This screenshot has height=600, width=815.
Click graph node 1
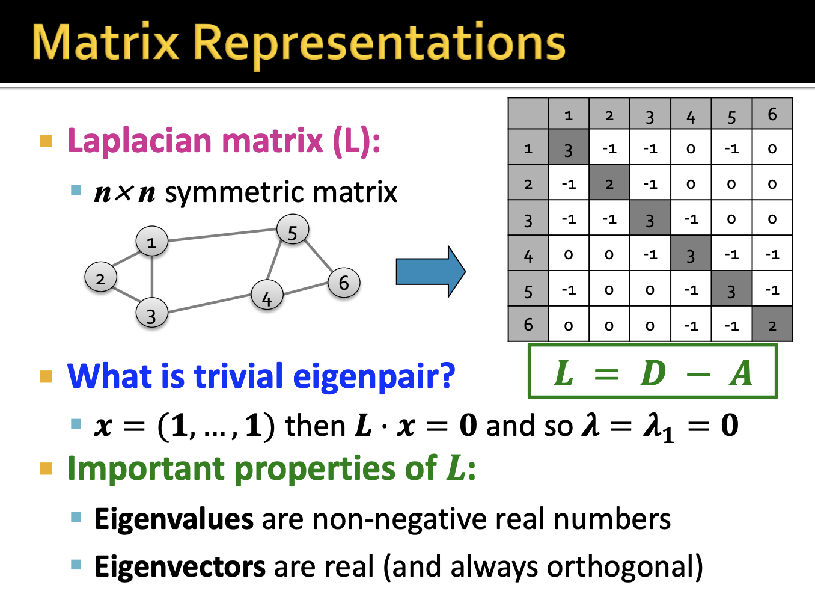151,242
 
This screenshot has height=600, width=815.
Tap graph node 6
344,283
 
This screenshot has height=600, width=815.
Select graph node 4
267,296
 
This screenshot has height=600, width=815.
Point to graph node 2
100,278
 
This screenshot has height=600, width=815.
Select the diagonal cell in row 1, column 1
569,148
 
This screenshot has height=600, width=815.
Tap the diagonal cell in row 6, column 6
772,325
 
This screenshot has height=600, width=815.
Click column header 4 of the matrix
691,115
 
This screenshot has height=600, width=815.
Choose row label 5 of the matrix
528,290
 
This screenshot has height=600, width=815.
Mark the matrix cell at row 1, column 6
772,148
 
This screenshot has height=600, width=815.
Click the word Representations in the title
380,43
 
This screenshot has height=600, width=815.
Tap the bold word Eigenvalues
174,519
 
